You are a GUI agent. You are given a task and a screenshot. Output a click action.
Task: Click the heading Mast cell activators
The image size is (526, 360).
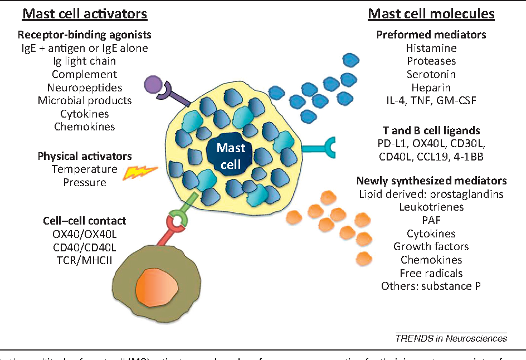tap(85, 13)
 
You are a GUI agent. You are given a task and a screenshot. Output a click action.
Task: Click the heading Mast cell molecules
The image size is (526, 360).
tap(431, 13)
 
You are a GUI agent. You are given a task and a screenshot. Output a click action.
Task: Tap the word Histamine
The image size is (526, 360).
tap(431, 48)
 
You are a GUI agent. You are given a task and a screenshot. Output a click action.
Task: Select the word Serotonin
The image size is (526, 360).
tap(431, 74)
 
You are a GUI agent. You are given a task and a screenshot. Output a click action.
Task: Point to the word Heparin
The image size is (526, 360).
tap(431, 87)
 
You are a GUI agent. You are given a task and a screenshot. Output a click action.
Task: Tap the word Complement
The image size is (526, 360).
tap(85, 74)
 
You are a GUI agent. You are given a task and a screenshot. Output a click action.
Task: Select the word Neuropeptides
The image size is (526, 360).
tap(85, 87)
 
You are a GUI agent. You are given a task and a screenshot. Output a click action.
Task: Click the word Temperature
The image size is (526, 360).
tap(85, 169)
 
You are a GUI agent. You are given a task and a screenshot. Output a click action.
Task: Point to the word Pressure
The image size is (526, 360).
tap(85, 182)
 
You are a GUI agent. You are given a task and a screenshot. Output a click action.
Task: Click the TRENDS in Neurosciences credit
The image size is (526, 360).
tap(451, 337)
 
